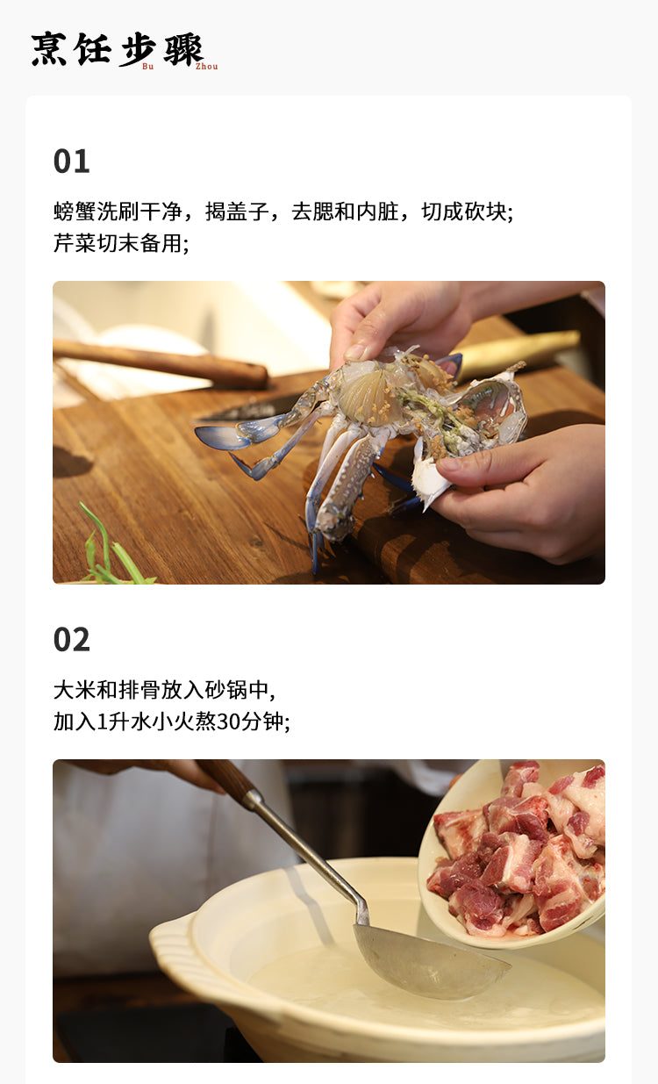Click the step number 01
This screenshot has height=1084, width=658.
pos(72,162)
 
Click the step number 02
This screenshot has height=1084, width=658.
pos(72,640)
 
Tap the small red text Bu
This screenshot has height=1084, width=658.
pos(148,67)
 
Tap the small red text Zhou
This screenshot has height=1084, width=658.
pos(206,67)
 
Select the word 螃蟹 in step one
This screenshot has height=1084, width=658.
pos(75,212)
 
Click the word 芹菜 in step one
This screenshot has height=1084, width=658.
pos(75,243)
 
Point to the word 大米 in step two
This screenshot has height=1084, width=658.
pos(75,690)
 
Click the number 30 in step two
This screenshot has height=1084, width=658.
pos(227,721)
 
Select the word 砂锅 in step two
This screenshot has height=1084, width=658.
pos(225,690)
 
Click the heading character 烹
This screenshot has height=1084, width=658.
pos(49,49)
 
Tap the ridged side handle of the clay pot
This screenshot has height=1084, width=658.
pos(170,941)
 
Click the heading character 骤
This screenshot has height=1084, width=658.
pos(184,49)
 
